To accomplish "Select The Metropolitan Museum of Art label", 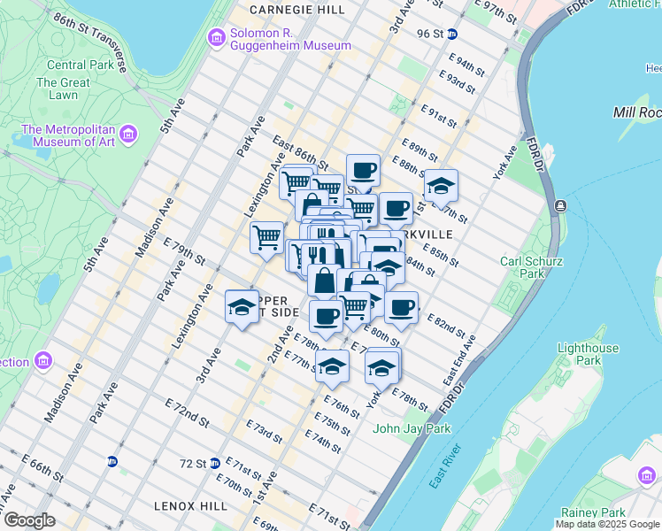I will [x=69, y=135].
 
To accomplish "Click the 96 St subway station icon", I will [x=452, y=35].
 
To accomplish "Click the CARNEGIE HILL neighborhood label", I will [x=296, y=9].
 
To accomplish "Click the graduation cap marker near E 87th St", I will [x=441, y=187].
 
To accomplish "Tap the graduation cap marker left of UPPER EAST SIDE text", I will [x=242, y=307].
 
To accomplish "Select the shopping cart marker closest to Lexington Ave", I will [x=266, y=237].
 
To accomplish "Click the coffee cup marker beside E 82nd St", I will [x=402, y=308].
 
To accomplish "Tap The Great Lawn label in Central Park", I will [x=63, y=88].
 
